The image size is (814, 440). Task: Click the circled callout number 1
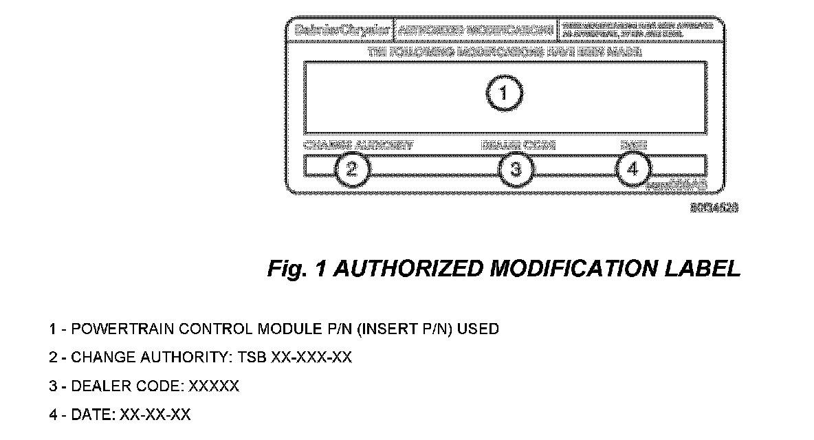504,93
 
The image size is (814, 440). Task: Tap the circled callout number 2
351,170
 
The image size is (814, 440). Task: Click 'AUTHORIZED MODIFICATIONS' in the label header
476,30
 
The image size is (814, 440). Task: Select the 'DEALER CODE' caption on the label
518,145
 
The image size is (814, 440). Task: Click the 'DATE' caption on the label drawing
633,145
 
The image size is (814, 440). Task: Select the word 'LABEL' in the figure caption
707,269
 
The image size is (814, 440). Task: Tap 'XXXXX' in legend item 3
214,387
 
